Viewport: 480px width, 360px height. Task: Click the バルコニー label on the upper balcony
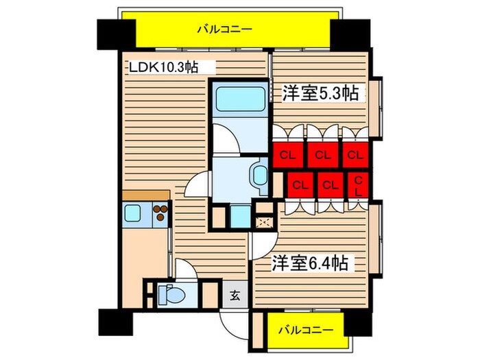click(x=224, y=29)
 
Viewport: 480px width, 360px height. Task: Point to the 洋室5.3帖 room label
click(x=321, y=94)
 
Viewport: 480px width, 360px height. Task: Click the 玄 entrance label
click(x=235, y=296)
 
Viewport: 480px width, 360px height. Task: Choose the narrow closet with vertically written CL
click(x=358, y=184)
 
